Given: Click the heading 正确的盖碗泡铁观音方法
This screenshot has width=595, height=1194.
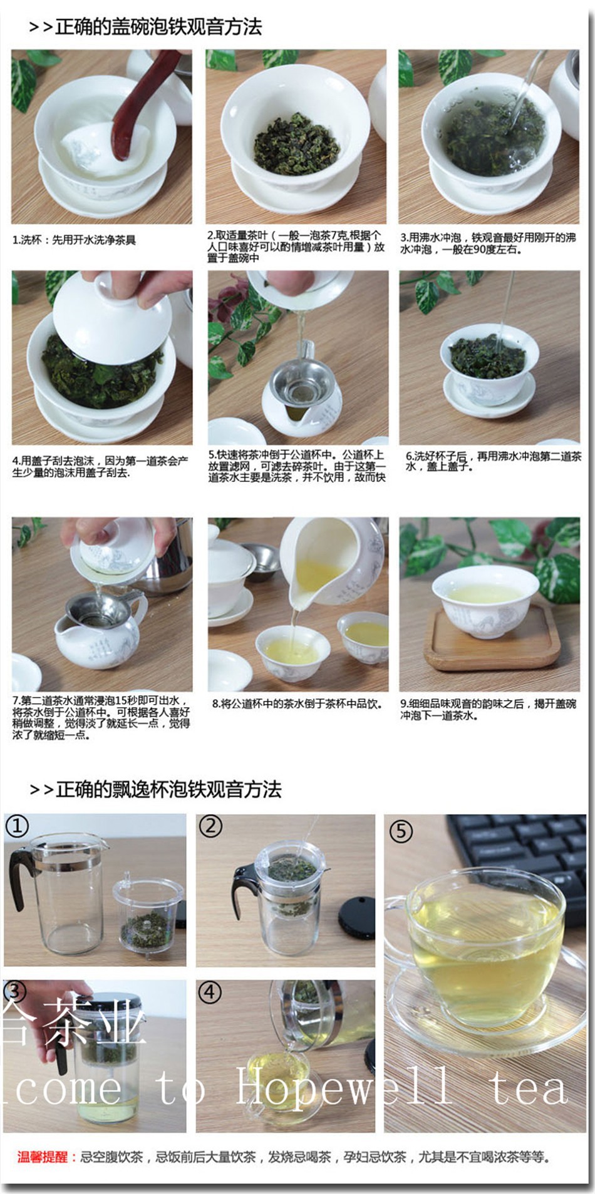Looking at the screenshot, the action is [x=158, y=27].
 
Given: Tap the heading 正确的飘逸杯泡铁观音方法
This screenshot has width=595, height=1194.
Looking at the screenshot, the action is [x=168, y=790].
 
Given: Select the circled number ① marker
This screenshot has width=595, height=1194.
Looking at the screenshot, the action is [x=17, y=827].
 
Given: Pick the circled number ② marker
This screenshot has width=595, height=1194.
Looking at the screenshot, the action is [x=210, y=826].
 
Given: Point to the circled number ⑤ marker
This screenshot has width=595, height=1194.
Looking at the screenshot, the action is [x=401, y=832].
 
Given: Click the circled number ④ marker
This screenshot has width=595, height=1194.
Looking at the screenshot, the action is [x=210, y=992].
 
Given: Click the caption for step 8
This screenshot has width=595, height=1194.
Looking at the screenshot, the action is [x=296, y=704].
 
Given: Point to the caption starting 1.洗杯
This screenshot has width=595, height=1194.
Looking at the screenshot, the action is [x=74, y=240].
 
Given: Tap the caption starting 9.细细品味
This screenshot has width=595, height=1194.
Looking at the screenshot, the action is [x=488, y=710].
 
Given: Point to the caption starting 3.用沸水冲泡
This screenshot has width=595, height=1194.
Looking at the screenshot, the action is [x=488, y=243].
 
